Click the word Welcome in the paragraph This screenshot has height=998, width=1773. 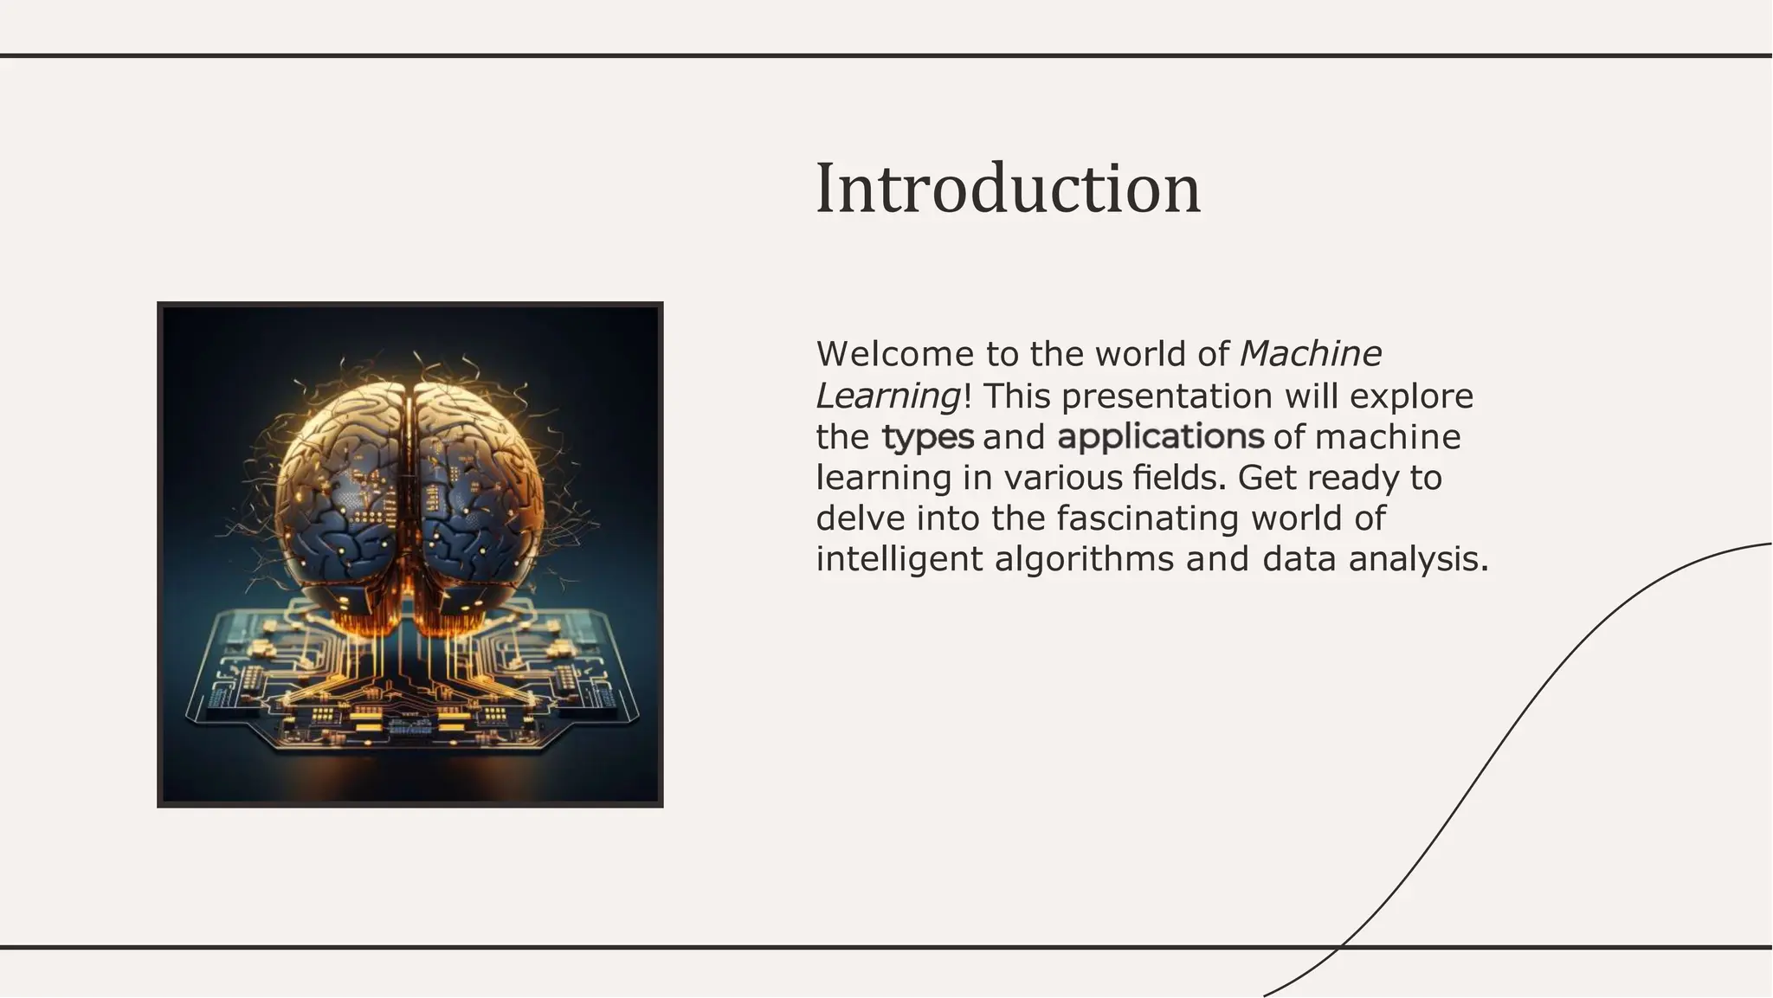tap(894, 354)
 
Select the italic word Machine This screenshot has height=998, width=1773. tap(1311, 354)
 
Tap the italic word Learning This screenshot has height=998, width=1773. tap(887, 396)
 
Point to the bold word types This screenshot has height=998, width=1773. tap(927, 437)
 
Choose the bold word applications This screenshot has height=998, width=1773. tap(1160, 437)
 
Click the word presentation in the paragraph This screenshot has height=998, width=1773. tap(1166, 396)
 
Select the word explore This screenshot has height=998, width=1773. tap(1411, 396)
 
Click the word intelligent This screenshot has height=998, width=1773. tap(899, 559)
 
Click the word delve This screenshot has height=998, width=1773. tap(861, 518)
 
